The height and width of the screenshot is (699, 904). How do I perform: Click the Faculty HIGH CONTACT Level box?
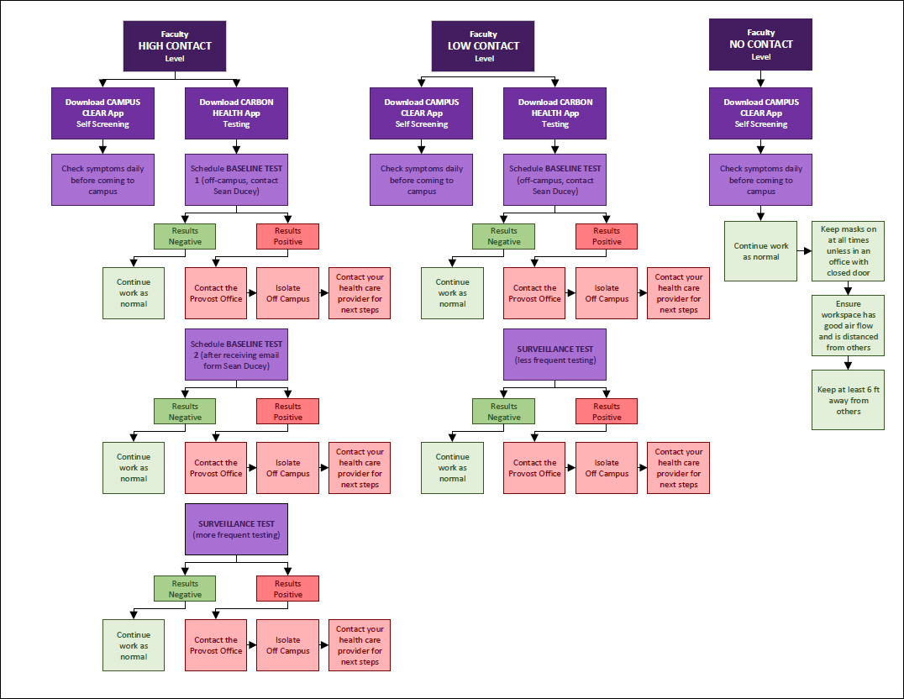click(x=175, y=46)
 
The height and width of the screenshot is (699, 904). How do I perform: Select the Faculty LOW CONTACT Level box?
click(x=484, y=46)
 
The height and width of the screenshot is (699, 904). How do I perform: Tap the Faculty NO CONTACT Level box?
click(x=760, y=45)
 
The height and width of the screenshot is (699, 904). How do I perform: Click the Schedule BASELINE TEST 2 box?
click(x=236, y=355)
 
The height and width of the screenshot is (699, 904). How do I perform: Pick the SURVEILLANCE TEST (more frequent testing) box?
click(x=236, y=529)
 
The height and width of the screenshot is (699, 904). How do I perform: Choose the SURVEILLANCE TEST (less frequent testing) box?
click(x=554, y=355)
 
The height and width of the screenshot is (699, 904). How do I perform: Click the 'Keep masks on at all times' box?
click(x=848, y=250)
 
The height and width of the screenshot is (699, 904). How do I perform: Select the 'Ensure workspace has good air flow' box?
click(x=848, y=325)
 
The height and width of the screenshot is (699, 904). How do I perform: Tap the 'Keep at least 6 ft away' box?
click(x=848, y=400)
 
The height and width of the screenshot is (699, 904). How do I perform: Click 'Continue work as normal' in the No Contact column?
click(x=761, y=251)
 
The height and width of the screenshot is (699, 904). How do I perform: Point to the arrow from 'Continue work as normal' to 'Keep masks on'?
click(x=804, y=251)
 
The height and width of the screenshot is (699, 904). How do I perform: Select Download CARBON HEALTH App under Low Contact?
click(x=554, y=113)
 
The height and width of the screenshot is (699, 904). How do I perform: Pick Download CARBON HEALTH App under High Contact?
click(x=236, y=113)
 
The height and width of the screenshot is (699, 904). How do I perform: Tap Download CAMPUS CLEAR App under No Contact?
click(x=760, y=113)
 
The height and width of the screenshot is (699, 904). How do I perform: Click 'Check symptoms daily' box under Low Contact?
click(x=422, y=180)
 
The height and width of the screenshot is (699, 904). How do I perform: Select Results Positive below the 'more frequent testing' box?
click(x=287, y=589)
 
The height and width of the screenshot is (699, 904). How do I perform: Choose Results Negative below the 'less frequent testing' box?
click(x=503, y=412)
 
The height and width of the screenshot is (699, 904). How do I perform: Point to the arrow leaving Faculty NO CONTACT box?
click(x=760, y=79)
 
